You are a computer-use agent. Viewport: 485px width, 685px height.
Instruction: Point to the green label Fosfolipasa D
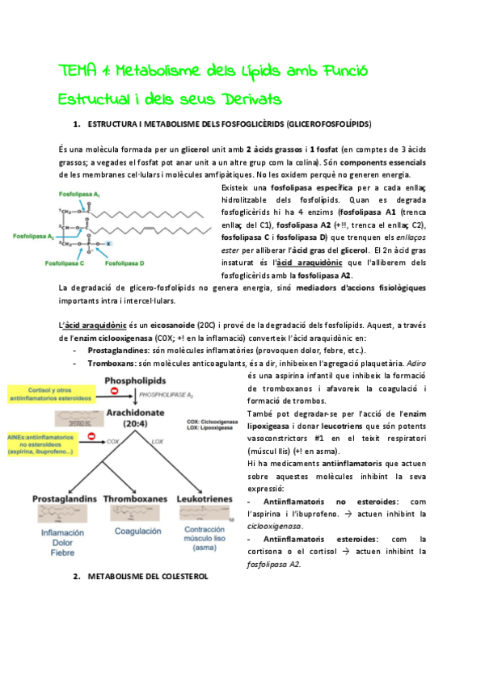point(124,263)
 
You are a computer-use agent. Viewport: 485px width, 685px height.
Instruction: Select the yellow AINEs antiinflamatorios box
point(50,440)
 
